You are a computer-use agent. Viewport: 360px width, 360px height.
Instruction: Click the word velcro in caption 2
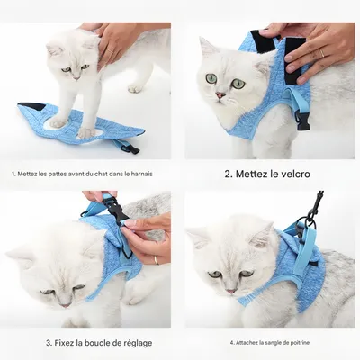[293, 174]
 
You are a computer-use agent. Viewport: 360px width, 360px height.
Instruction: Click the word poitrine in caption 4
[299, 342]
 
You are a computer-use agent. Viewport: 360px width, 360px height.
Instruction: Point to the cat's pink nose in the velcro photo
[220, 95]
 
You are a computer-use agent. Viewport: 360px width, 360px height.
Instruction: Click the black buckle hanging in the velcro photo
[301, 121]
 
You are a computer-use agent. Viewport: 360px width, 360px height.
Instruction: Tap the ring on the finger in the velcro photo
[321, 53]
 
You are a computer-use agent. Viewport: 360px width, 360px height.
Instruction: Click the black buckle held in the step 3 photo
[115, 208]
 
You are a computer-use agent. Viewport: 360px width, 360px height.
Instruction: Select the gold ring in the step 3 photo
[157, 260]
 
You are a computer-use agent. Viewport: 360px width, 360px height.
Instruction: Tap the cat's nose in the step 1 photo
[77, 78]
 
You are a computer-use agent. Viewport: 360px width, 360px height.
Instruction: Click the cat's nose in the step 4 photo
[231, 291]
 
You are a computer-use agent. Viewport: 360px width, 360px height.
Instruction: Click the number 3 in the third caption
[49, 343]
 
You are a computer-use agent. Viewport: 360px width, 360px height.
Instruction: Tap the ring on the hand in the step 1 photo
[109, 50]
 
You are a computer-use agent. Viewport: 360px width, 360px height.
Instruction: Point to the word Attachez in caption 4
[246, 342]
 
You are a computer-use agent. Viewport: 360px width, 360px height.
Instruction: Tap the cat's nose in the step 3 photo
[65, 305]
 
